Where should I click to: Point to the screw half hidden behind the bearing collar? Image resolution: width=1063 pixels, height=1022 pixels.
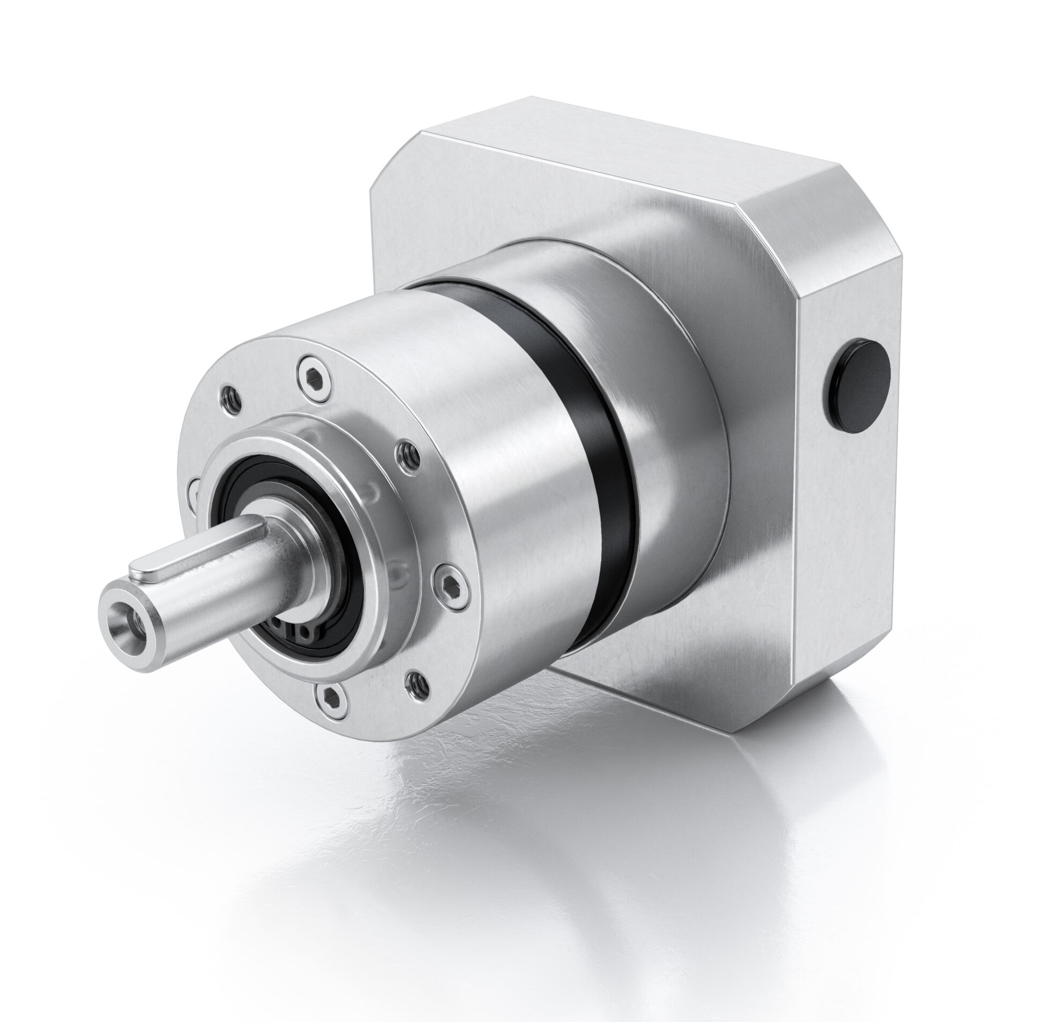coord(194,491)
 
